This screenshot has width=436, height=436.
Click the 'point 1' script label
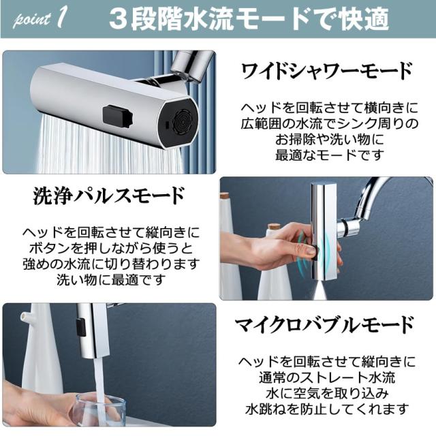point(40,19)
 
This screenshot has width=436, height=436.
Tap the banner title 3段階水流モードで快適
point(249,19)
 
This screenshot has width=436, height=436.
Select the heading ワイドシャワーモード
point(327,71)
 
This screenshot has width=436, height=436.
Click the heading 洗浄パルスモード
point(108,196)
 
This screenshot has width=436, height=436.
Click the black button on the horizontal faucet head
point(116,116)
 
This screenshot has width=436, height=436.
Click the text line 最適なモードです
point(330,155)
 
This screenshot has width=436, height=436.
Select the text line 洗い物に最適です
point(111,280)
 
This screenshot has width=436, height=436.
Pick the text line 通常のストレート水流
point(327,377)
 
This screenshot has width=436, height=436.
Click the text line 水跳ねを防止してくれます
point(327,409)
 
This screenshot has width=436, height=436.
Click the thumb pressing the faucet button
point(308,251)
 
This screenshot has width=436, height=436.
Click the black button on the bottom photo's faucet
point(81,327)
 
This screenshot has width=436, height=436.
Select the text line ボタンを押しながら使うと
point(111,248)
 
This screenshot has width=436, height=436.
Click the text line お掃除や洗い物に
point(330,139)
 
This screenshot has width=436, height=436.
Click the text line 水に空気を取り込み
point(327,393)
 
